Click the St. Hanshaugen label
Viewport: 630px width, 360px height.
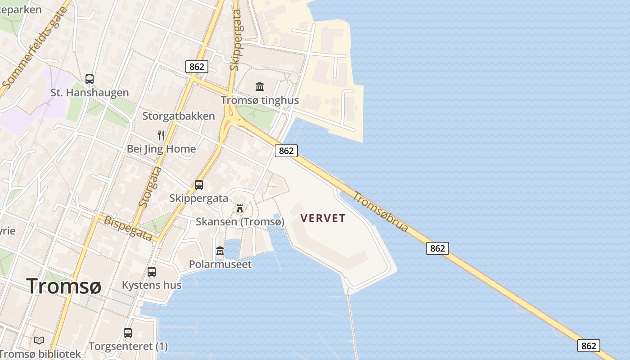point(90,93)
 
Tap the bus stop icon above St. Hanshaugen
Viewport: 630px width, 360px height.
point(90,79)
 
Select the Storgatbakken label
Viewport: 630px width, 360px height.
point(179,116)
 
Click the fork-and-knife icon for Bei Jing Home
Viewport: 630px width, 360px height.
point(161,135)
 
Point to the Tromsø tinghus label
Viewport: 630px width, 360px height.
point(260,100)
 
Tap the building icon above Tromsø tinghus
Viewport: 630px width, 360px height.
point(260,86)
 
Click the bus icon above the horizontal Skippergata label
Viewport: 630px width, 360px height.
point(198,184)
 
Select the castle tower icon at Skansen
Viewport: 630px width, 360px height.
point(240,208)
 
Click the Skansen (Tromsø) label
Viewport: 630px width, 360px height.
point(240,221)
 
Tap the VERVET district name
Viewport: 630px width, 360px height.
point(323,218)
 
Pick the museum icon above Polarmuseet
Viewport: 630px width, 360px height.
point(220,251)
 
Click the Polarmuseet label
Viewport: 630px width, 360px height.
point(220,264)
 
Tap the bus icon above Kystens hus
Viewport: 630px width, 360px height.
point(152,272)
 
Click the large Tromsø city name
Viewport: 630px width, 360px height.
point(64,286)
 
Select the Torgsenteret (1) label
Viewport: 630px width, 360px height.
point(128,346)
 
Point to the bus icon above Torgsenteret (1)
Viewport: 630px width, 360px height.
point(128,333)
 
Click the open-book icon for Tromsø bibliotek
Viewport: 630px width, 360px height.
point(40,340)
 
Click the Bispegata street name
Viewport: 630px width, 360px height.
point(128,228)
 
